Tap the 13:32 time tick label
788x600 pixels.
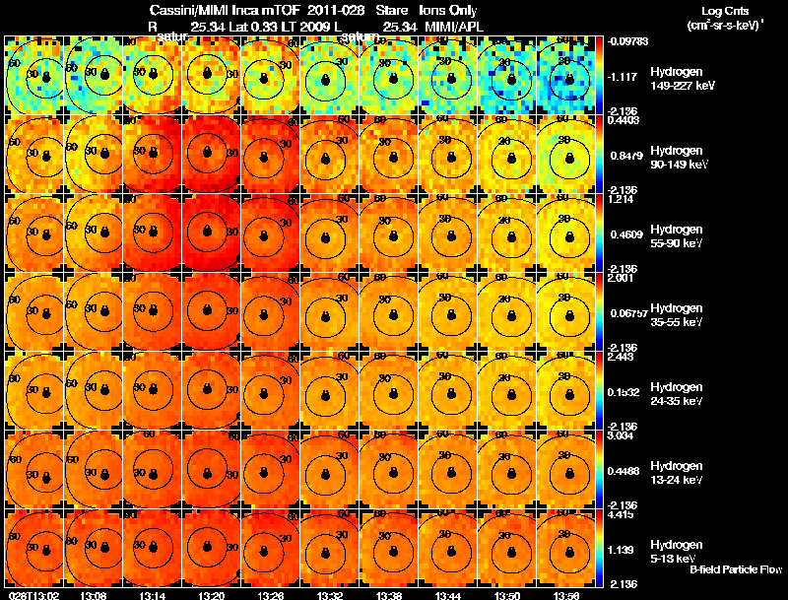(330, 595)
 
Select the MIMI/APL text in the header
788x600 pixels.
(452, 25)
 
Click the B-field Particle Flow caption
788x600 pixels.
(735, 570)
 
